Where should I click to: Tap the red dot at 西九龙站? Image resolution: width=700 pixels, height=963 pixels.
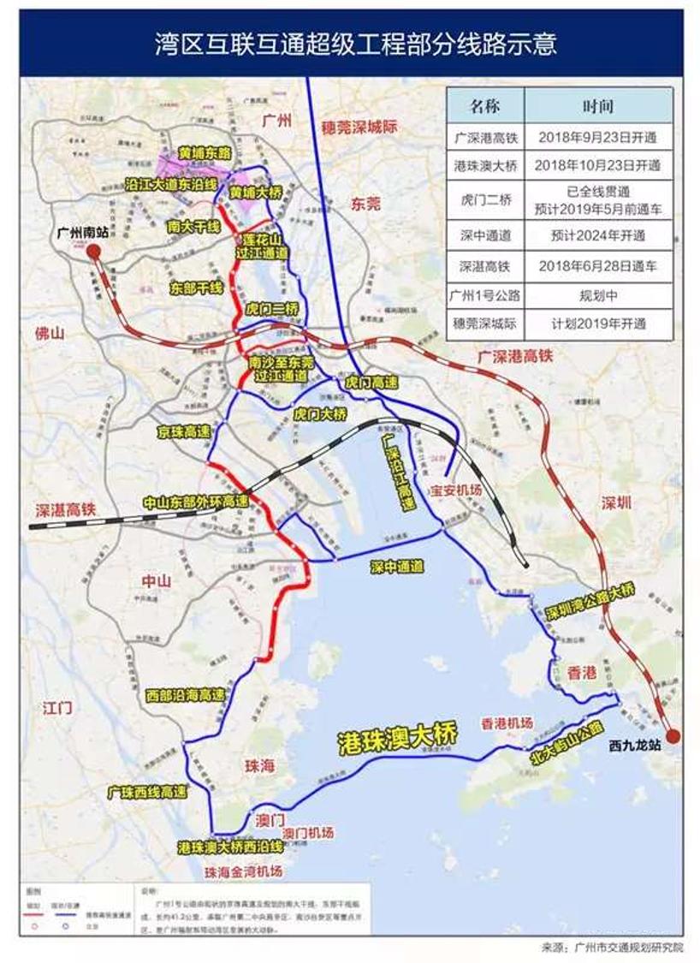point(673,735)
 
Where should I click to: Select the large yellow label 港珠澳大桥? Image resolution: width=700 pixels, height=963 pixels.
point(397,734)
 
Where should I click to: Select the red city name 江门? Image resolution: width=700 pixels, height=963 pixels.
point(57,707)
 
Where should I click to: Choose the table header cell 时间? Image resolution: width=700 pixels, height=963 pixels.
point(598,108)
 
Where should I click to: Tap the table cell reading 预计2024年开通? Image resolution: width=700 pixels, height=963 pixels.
point(598,235)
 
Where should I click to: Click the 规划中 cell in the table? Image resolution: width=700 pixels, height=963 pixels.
point(598,295)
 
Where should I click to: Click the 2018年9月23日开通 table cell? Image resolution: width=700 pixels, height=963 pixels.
point(598,136)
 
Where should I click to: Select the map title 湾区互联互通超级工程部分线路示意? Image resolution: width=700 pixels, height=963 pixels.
point(350,43)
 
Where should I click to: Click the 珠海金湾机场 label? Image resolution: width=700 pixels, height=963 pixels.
point(244,871)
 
